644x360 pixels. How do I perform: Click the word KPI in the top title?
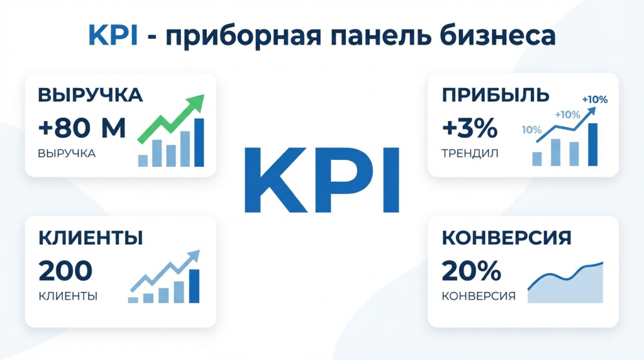tap(113, 36)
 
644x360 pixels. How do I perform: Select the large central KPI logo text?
tap(321, 180)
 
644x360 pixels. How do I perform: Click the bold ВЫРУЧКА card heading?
tap(90, 96)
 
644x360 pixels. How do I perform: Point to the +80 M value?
tap(82, 128)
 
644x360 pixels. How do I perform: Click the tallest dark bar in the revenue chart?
tap(199, 142)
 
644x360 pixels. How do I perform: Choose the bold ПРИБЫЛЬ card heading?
tap(496, 96)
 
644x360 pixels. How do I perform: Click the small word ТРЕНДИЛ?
tap(469, 153)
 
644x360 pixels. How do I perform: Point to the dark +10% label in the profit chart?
tap(594, 99)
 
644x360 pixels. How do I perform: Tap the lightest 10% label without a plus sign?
tap(531, 130)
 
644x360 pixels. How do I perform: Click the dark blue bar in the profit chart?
tap(592, 144)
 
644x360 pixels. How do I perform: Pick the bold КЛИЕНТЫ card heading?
tap(90, 238)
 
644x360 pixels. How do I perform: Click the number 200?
tap(65, 271)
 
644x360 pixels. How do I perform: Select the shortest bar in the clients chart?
tap(133, 300)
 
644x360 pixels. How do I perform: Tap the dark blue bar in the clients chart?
tap(194, 286)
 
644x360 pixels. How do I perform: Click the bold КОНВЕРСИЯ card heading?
tap(506, 238)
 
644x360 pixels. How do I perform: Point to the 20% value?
tap(471, 271)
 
